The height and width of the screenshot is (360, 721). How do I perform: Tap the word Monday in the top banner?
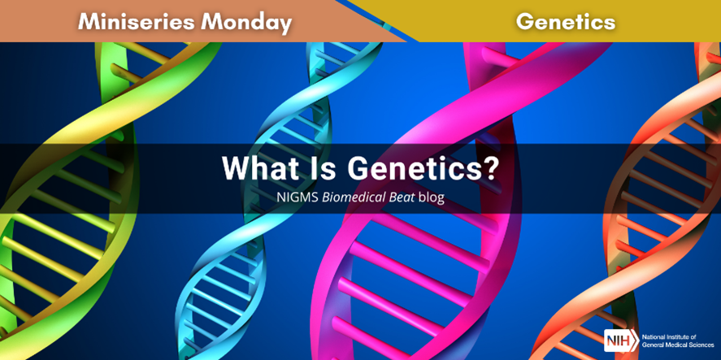(x=246, y=23)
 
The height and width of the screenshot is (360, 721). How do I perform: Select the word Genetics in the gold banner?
(x=565, y=22)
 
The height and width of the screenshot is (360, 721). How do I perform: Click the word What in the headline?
(x=253, y=169)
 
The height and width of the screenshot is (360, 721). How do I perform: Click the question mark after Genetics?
(x=489, y=169)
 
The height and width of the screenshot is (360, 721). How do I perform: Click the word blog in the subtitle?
(x=432, y=197)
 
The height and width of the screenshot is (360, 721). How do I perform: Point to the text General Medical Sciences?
(x=678, y=345)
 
